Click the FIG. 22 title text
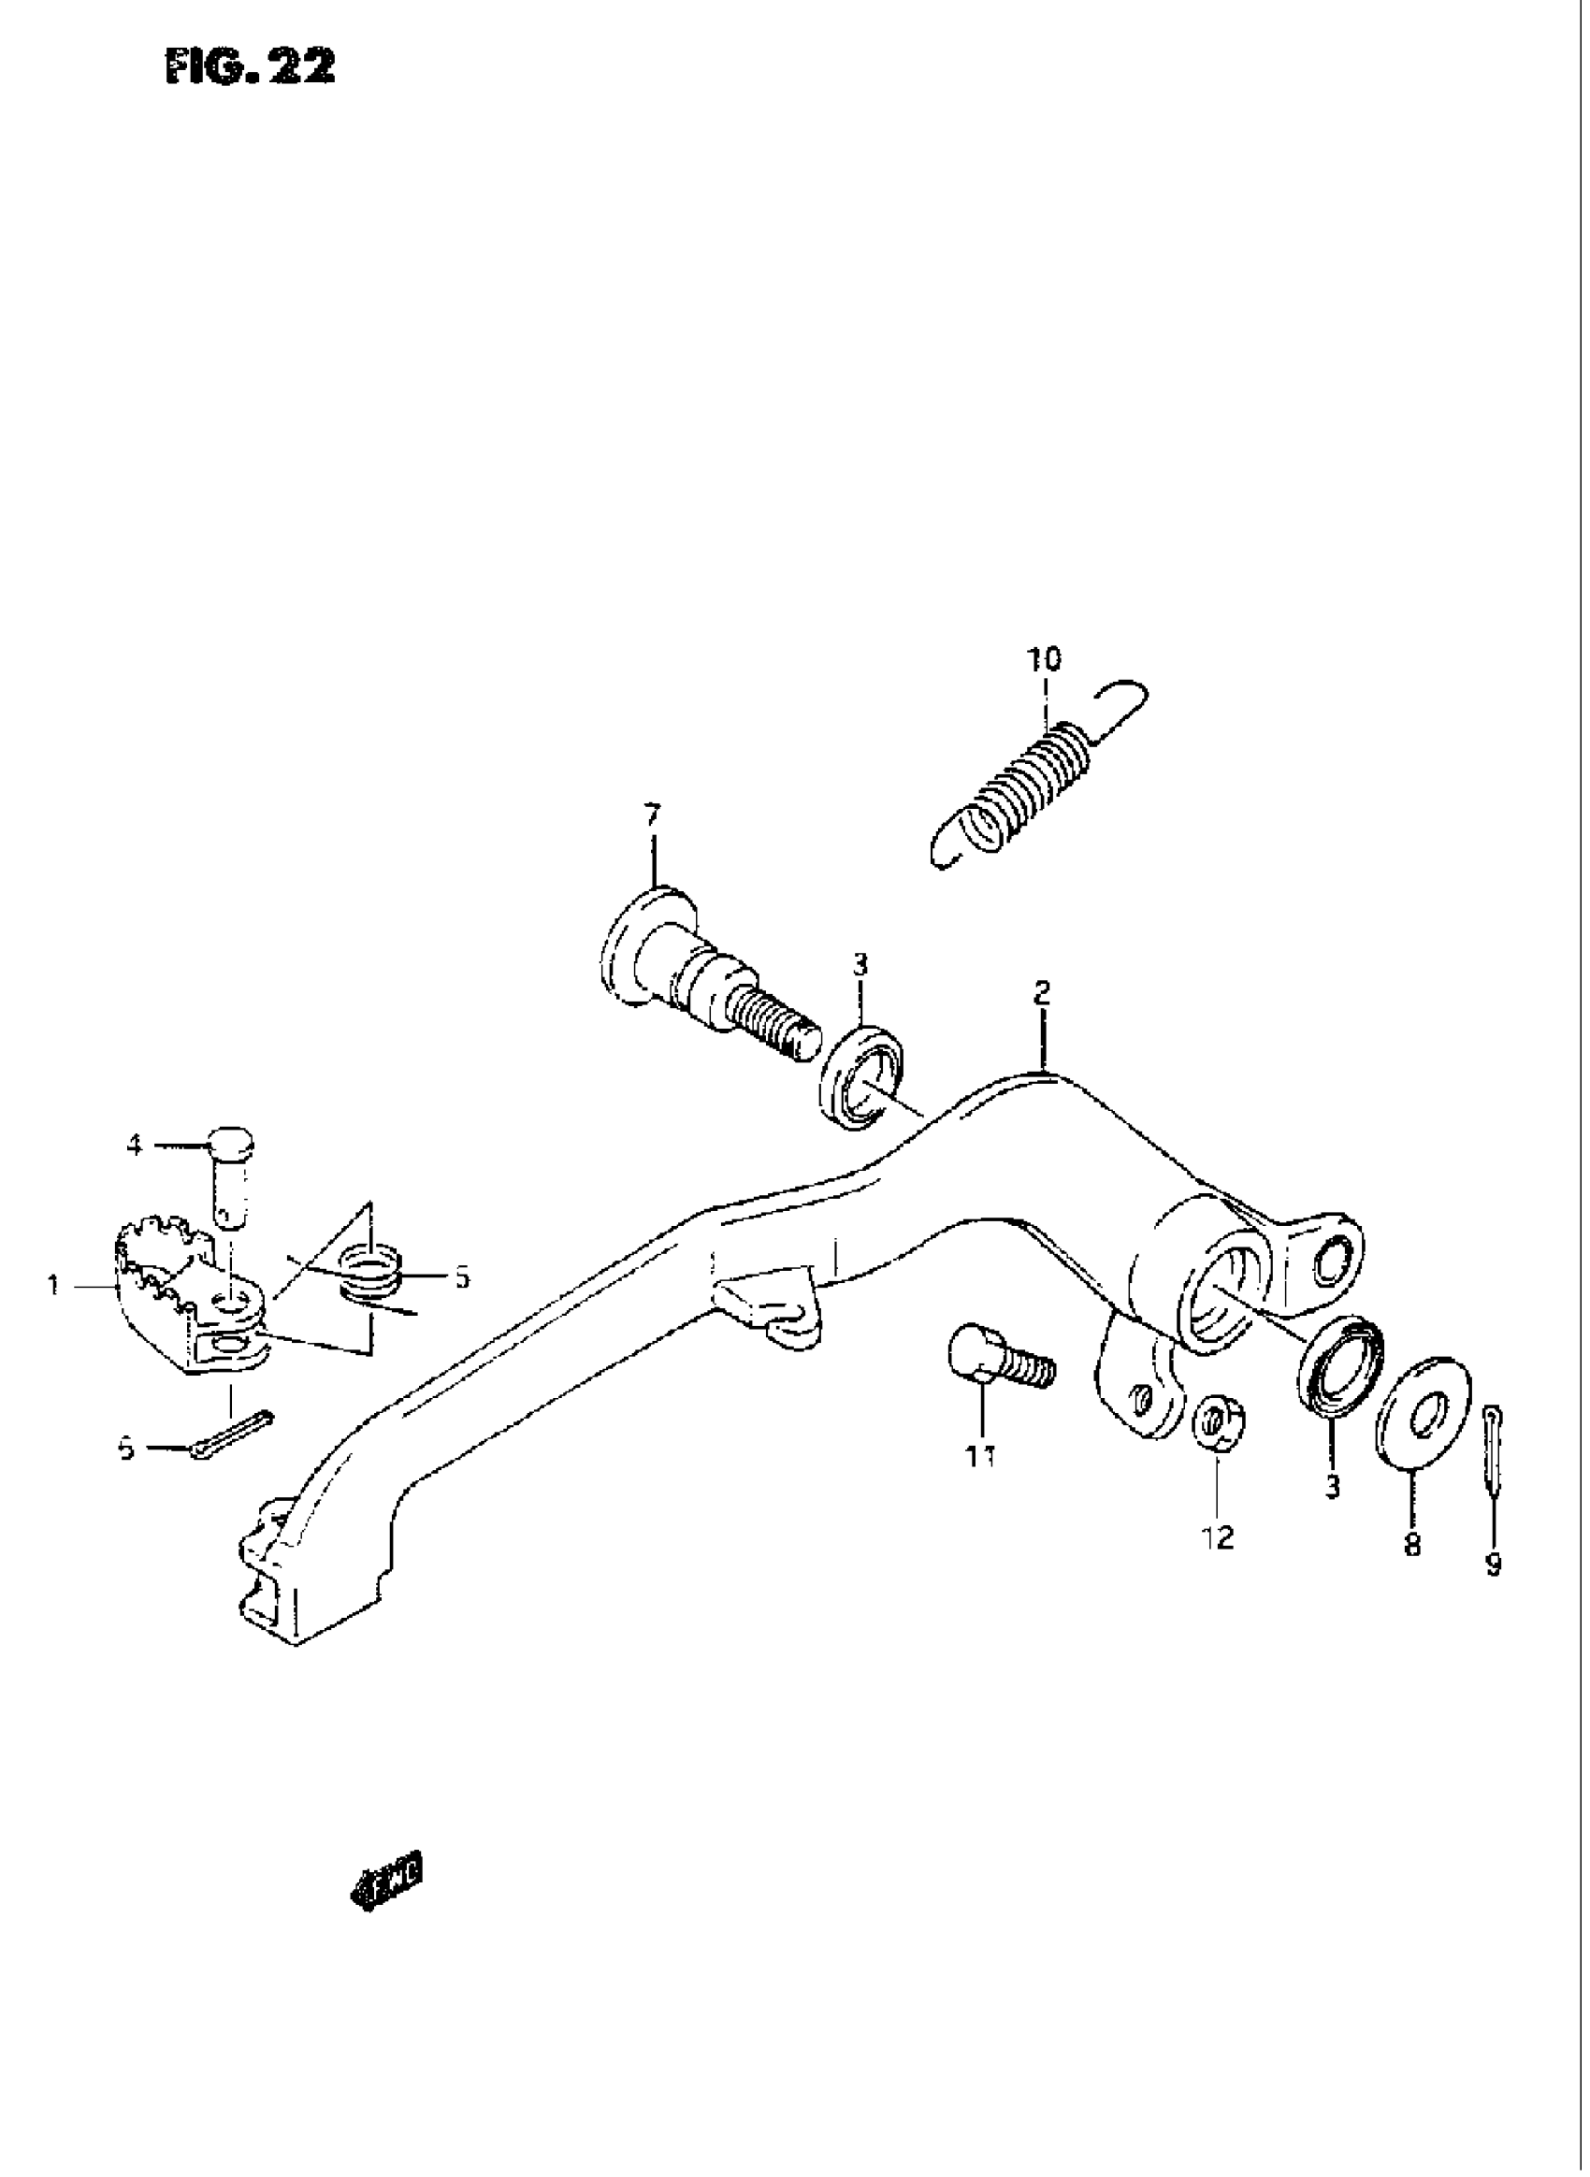252,67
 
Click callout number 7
653,816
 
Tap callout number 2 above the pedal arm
1041,992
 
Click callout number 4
135,1146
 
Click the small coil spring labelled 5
370,1273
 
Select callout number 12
1218,1538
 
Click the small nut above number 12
1219,1424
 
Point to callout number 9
1493,1565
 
